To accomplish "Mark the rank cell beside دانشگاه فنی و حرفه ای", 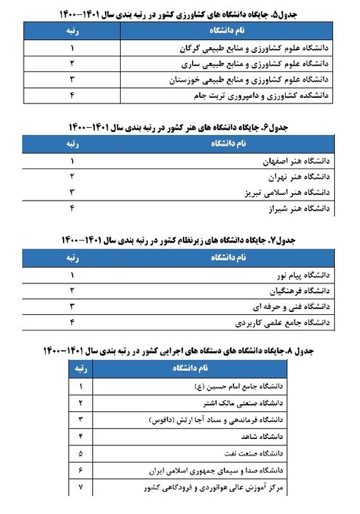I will click(x=71, y=306).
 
